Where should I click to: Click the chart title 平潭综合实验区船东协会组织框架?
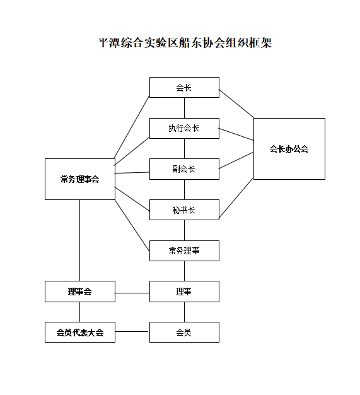pyautogui.click(x=185, y=42)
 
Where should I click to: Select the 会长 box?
pyautogui.click(x=184, y=88)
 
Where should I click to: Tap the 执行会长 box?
pyautogui.click(x=184, y=128)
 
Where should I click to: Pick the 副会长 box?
pyautogui.click(x=184, y=169)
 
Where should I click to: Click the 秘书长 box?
pyautogui.click(x=184, y=210)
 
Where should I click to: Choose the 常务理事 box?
pyautogui.click(x=184, y=251)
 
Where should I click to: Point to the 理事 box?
pyautogui.click(x=184, y=292)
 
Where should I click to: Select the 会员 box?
pyautogui.click(x=184, y=332)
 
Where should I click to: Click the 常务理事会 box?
pyautogui.click(x=80, y=179)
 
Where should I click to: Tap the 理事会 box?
pyautogui.click(x=80, y=292)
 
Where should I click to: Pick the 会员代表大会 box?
pyautogui.click(x=80, y=332)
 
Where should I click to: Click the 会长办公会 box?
pyautogui.click(x=289, y=149)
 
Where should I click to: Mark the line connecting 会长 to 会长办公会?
pyautogui.click(x=236, y=103)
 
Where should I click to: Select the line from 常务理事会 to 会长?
pyautogui.click(x=132, y=127)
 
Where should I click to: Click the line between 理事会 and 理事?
pyautogui.click(x=132, y=293)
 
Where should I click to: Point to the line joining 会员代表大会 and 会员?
pyautogui.click(x=132, y=331)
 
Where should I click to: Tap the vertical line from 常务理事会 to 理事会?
pyautogui.click(x=80, y=240)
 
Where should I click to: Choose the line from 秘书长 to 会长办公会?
pyautogui.click(x=236, y=198)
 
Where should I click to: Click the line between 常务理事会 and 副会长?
pyautogui.click(x=132, y=173)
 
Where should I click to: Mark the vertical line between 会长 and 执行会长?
pyautogui.click(x=184, y=108)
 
